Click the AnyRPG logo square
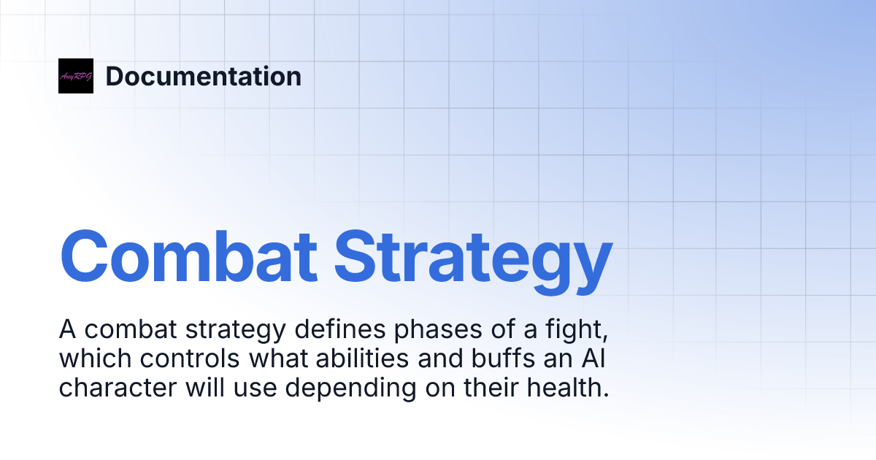tap(76, 76)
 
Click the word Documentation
tap(203, 76)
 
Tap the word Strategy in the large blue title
tap(474, 257)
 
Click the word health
tap(570, 388)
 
